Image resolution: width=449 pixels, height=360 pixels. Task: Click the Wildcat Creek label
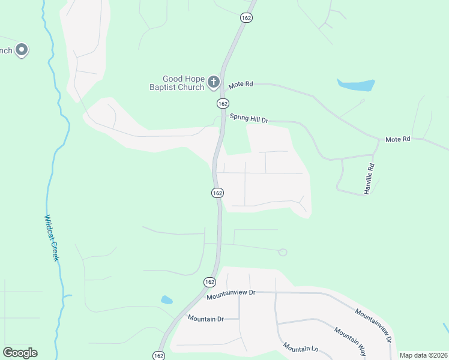(52, 238)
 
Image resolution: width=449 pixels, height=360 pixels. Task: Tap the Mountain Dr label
(205, 318)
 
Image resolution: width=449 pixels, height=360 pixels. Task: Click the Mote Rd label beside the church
(240, 85)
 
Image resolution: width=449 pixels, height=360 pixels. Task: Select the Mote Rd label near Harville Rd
(397, 139)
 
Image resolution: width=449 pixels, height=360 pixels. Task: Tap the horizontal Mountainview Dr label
(231, 295)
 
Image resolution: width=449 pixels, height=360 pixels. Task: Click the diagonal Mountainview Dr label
(373, 326)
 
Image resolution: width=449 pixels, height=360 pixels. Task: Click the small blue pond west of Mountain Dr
(166, 299)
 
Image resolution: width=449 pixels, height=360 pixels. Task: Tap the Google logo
(20, 353)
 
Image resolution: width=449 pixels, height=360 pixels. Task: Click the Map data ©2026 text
(423, 355)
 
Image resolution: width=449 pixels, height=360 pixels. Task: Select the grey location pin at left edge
(22, 50)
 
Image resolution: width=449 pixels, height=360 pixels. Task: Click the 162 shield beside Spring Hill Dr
(223, 103)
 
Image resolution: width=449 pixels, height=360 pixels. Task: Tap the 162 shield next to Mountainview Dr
(209, 282)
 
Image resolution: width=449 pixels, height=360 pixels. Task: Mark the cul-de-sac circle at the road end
(283, 252)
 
